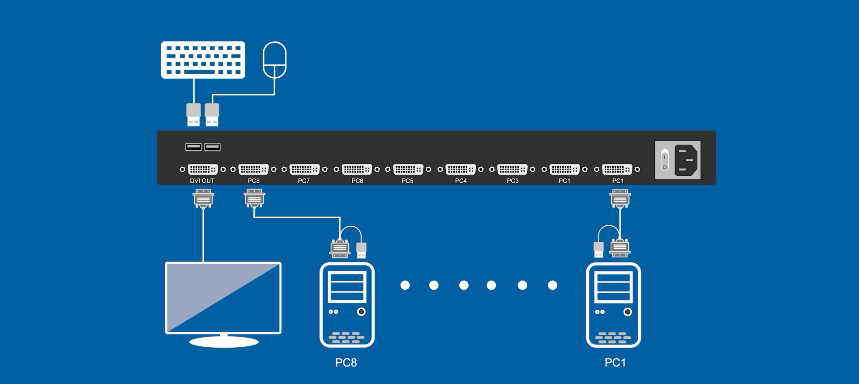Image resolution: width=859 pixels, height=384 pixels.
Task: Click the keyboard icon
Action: click(203, 60)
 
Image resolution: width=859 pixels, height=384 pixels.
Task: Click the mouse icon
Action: click(274, 60)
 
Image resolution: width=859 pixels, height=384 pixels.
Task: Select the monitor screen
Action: click(223, 298)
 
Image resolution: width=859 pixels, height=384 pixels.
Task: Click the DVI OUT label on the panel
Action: click(202, 181)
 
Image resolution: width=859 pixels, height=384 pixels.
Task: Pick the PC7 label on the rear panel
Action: click(304, 181)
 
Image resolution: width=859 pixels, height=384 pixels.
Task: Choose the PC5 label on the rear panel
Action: click(407, 181)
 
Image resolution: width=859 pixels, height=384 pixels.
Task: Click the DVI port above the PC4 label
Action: click(461, 169)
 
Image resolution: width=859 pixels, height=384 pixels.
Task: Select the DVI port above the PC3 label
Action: click(512, 169)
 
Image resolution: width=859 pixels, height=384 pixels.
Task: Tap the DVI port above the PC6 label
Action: click(357, 169)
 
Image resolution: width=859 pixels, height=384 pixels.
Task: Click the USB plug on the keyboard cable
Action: click(193, 115)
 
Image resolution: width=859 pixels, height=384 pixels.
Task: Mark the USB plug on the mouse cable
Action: click(212, 115)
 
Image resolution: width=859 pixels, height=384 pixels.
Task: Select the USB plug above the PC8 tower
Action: click(361, 250)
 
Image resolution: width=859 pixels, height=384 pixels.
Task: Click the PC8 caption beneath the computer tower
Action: click(346, 363)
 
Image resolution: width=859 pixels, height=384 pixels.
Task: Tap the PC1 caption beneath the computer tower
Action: click(615, 363)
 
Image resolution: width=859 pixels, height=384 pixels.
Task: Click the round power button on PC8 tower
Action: click(361, 312)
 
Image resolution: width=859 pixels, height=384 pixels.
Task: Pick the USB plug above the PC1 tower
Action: click(598, 249)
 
